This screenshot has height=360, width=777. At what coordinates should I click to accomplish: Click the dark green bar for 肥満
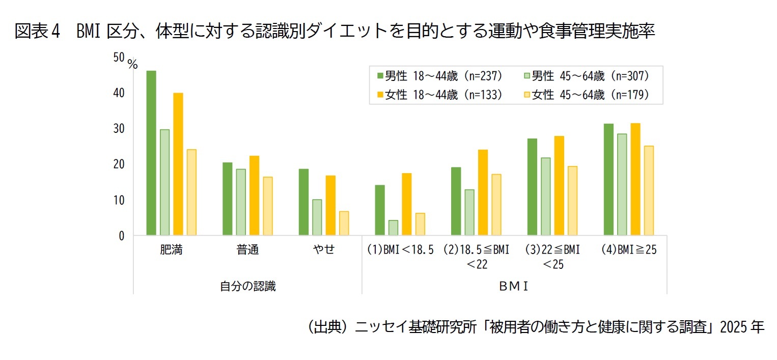(151, 153)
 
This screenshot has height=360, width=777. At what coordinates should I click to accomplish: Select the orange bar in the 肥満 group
(178, 164)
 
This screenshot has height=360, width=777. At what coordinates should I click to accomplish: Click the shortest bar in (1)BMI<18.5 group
(393, 228)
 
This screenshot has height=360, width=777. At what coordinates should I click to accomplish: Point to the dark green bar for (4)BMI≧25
(608, 179)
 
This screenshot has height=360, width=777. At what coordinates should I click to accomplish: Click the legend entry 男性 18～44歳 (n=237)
(440, 76)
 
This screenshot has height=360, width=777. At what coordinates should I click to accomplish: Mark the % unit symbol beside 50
(132, 65)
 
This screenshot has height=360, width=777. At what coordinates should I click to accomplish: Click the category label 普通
(247, 251)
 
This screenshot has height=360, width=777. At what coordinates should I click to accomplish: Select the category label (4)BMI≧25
(628, 251)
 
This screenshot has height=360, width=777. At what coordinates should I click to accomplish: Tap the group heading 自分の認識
(247, 287)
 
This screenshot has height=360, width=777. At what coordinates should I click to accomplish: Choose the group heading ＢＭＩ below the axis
(514, 287)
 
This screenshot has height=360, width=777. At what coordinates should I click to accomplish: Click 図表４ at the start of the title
(38, 32)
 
